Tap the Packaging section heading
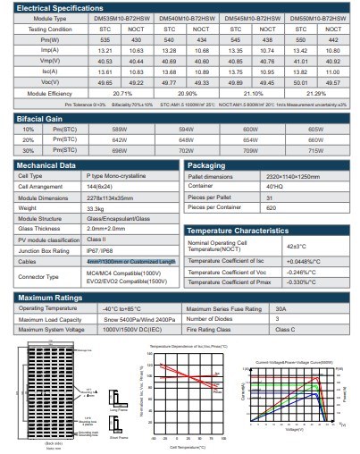point(212,165)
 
